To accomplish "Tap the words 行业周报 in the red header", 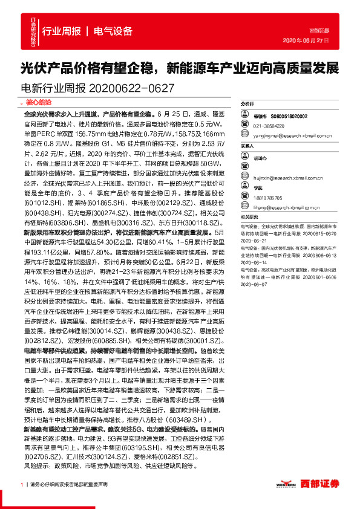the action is pyautogui.click(x=61, y=31).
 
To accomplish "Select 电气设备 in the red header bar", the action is pyautogui.click(x=114, y=31).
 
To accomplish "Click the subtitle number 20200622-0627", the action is pyautogui.click(x=131, y=88).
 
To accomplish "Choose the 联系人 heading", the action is pyautogui.click(x=248, y=146).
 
